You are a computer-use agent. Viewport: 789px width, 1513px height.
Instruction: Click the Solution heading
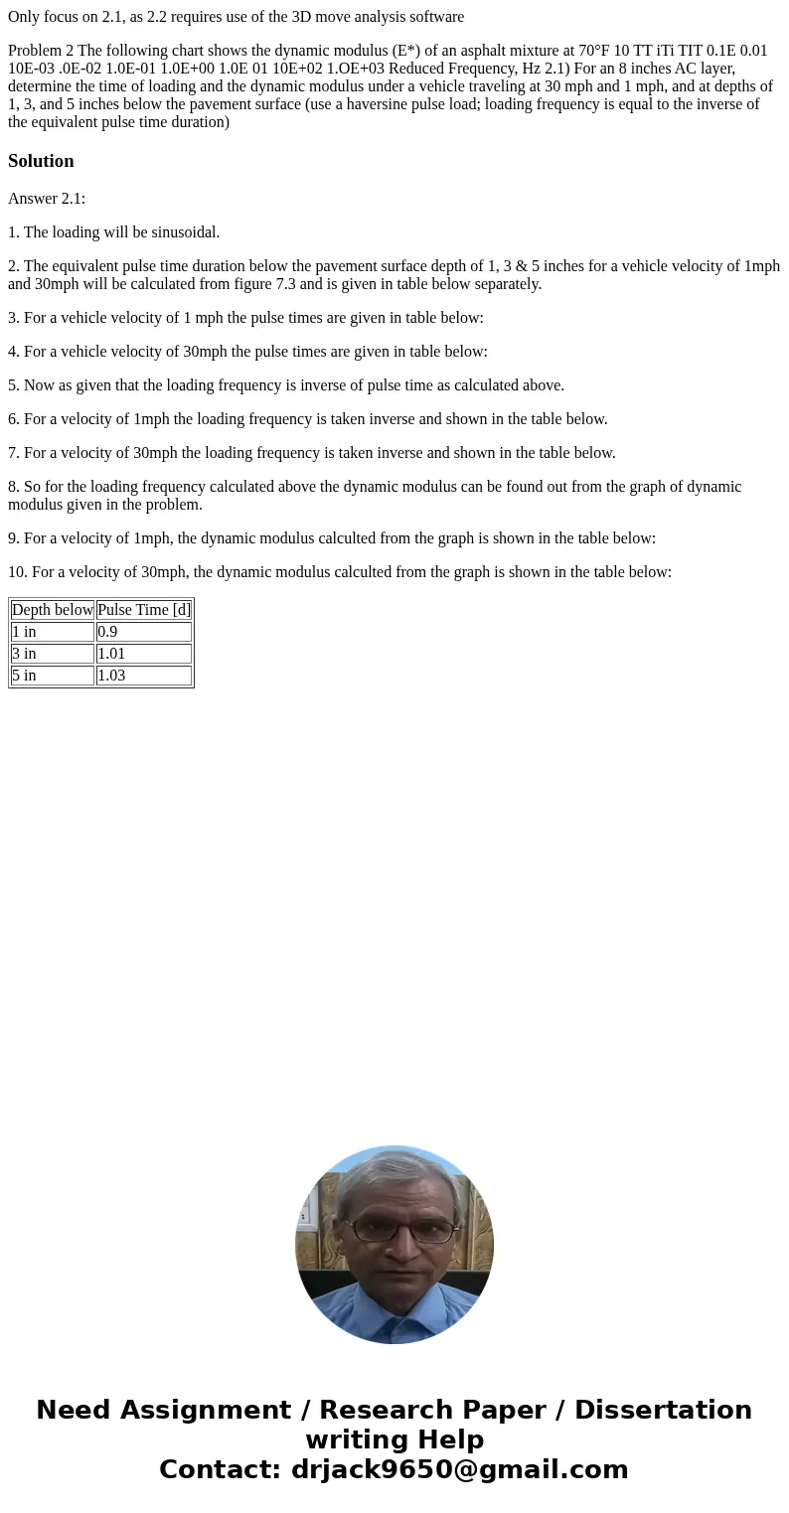click(x=41, y=161)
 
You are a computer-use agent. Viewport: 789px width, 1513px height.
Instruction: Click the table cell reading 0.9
click(x=143, y=632)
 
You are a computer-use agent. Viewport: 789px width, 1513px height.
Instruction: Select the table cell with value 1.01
click(x=143, y=654)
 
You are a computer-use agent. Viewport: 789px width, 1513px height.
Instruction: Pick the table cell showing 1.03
click(x=143, y=676)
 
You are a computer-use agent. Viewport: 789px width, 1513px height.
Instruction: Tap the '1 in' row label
click(x=52, y=632)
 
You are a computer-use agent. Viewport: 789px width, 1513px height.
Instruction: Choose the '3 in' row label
click(x=52, y=654)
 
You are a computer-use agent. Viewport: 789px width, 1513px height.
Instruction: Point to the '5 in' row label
click(x=52, y=676)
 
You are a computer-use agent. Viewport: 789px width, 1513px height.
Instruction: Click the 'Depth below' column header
click(x=52, y=610)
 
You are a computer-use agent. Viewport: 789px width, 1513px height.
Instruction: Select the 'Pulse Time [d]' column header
click(x=143, y=610)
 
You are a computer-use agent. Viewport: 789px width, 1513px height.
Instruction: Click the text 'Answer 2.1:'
click(x=47, y=199)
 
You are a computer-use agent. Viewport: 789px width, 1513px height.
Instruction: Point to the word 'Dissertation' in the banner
click(x=663, y=1410)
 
